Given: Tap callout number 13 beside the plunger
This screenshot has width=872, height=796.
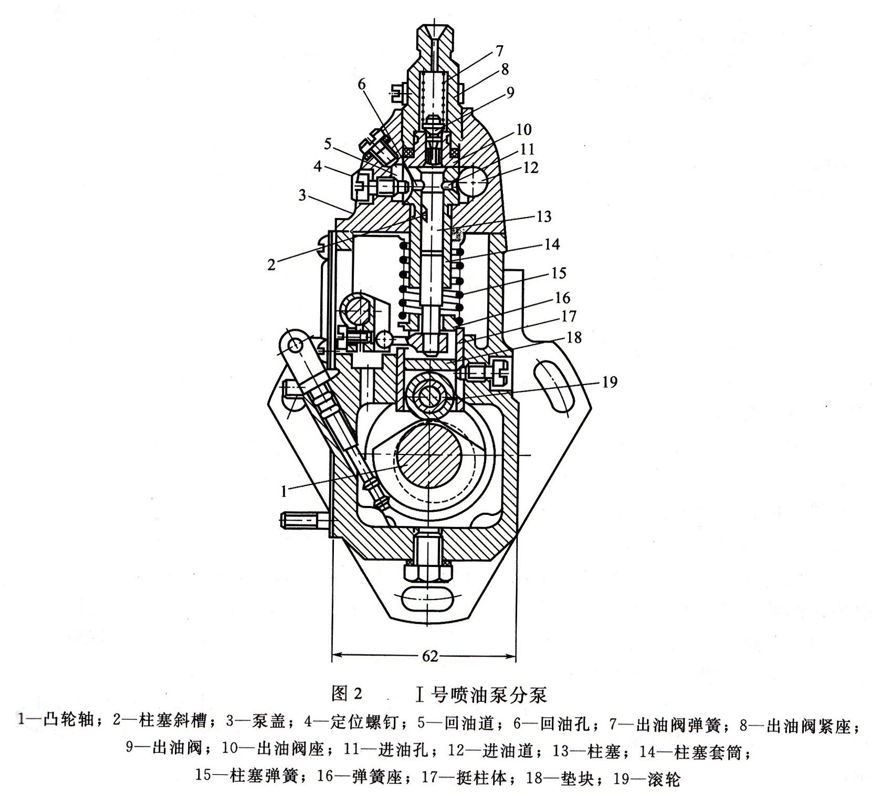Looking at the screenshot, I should (543, 216).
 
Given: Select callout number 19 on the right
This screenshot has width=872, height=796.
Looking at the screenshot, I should (608, 381).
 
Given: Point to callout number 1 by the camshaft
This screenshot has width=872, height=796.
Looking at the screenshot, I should (284, 492).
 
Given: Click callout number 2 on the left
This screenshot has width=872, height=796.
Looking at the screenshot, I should (271, 264).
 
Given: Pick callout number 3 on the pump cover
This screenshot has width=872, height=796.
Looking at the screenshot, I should (302, 195).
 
